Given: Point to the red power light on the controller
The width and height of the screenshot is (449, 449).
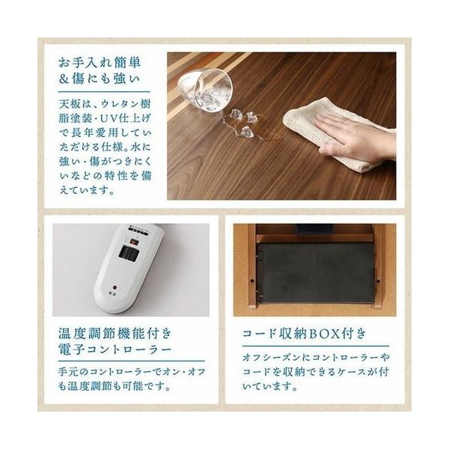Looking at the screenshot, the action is tap(115, 287).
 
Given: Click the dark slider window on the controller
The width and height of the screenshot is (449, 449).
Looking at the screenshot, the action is tap(128, 254).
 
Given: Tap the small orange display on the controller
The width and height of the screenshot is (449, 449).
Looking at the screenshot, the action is tap(134, 242).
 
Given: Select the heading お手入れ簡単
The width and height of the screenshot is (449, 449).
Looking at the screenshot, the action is tap(100, 63).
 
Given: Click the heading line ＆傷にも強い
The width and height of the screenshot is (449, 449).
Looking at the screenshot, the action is tap(99, 79).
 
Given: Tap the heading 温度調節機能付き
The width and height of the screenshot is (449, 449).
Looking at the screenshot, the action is tap(115, 334).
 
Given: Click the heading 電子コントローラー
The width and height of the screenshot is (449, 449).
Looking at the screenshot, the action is tap(115, 349).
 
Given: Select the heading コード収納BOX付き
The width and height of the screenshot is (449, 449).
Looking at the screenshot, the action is tap(304, 334).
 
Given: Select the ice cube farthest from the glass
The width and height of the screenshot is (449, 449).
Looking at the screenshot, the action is tap(246, 132).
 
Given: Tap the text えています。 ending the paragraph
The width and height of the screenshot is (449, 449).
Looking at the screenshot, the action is tap(87, 189).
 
